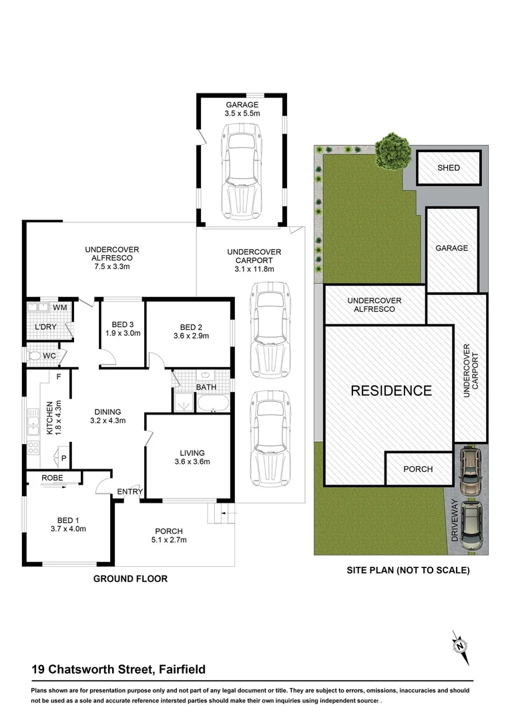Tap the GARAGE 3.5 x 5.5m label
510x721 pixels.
point(242,109)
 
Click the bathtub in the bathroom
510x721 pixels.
point(212,403)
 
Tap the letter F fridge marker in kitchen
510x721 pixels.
point(59,377)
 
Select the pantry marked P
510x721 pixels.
point(63,459)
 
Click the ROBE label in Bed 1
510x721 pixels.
point(52,478)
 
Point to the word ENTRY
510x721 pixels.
point(130,492)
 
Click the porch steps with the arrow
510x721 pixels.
point(220,513)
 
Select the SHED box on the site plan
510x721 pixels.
point(449,168)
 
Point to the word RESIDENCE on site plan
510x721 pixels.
point(391,391)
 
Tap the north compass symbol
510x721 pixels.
point(460,646)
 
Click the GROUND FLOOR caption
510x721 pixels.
point(130,579)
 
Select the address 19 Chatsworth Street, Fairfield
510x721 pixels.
point(119,669)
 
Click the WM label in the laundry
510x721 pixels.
point(60,307)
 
